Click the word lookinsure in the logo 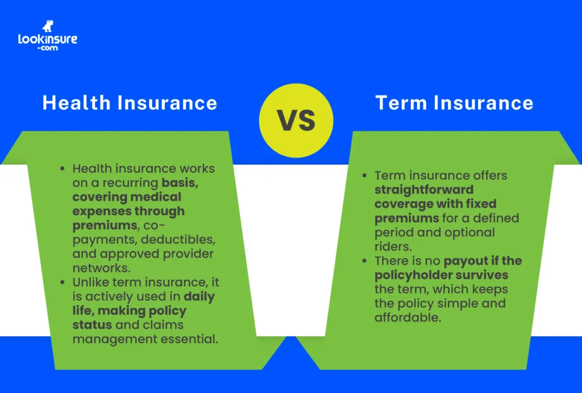[x=47, y=40]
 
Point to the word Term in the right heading [x=401, y=103]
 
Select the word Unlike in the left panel [x=90, y=282]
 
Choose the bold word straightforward [x=424, y=189]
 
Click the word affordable [x=407, y=318]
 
